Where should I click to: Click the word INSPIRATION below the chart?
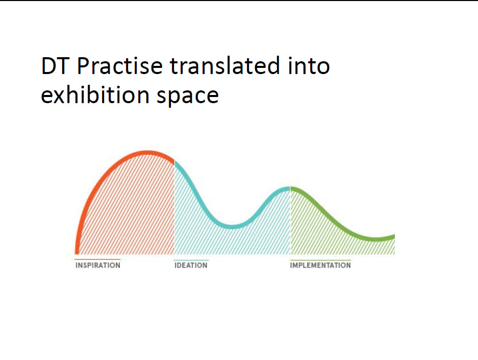tap(98, 265)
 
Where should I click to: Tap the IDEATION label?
tap(191, 265)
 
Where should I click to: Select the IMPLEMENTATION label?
tap(320, 265)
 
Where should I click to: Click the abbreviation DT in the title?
tap(54, 65)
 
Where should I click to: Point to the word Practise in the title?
tap(120, 65)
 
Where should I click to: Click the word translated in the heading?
tap(224, 65)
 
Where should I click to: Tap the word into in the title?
tap(309, 65)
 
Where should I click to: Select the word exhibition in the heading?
tap(95, 94)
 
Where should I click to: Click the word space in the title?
tap(188, 97)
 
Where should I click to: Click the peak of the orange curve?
tap(147, 152)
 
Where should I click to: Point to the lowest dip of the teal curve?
tap(232, 227)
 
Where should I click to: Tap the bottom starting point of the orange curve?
tap(77, 253)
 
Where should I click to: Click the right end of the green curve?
tap(394, 237)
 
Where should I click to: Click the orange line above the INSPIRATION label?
tap(97, 259)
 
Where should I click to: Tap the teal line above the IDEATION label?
tap(191, 260)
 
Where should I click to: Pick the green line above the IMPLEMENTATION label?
tap(320, 260)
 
